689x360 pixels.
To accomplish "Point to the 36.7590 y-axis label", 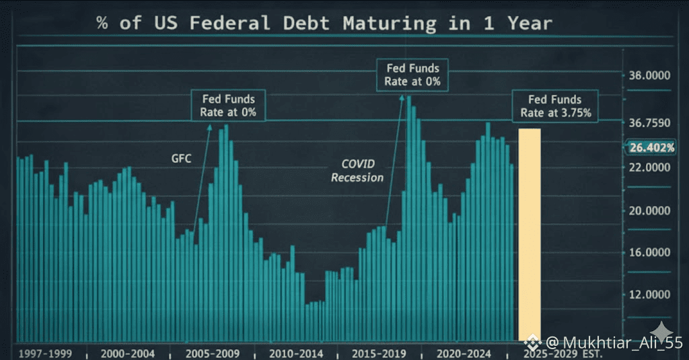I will (650, 123).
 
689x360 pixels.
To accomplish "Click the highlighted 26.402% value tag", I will (652, 147).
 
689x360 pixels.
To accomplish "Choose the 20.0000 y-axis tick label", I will (650, 211).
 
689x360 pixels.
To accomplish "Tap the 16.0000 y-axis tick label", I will (650, 252).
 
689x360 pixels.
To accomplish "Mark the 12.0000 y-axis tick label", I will (650, 295).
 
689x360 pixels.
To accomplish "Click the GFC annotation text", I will (180, 159).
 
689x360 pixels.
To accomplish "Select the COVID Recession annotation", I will (357, 171).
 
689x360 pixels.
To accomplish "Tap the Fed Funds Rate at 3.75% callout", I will (555, 106).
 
